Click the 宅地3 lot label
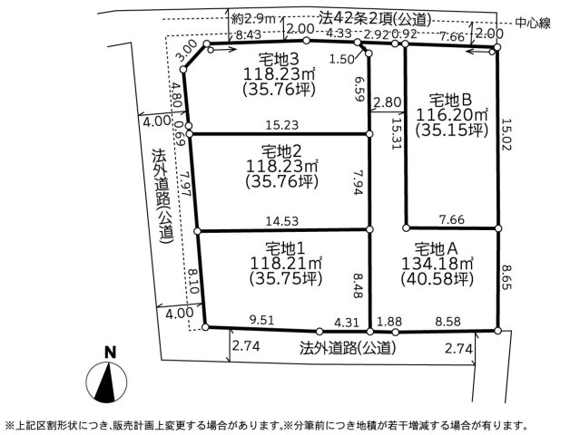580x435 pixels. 278,59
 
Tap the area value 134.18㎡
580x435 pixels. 437,264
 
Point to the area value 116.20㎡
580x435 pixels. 452,115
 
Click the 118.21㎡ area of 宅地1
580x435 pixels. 286,264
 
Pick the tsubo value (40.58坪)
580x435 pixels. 437,279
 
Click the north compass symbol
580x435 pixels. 106,382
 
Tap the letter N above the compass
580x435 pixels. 110,353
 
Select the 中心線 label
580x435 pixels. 533,24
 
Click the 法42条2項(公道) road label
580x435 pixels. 375,19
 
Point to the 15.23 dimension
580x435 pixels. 282,125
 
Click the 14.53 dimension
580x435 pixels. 282,221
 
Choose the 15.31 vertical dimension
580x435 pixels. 396,133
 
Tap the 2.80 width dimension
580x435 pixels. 388,101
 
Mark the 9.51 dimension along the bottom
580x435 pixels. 262,320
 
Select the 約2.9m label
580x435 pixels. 254,18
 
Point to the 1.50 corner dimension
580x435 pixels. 342,60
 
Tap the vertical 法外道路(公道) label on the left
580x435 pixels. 162,196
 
